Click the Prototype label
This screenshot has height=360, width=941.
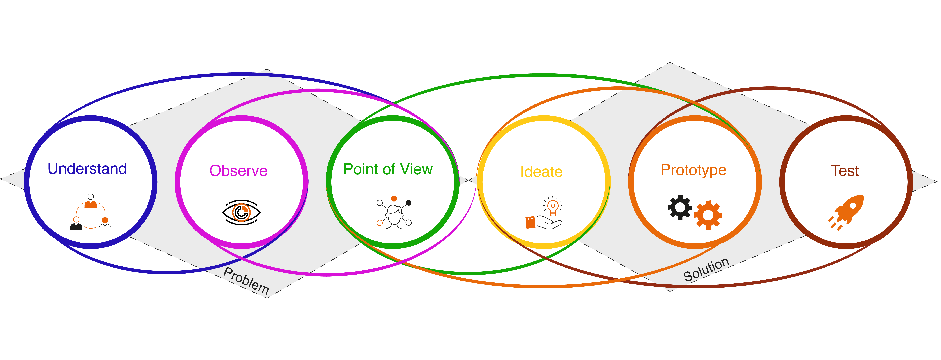(693, 170)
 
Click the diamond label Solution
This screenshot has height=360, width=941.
(706, 269)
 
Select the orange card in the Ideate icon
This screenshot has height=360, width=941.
(530, 222)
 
